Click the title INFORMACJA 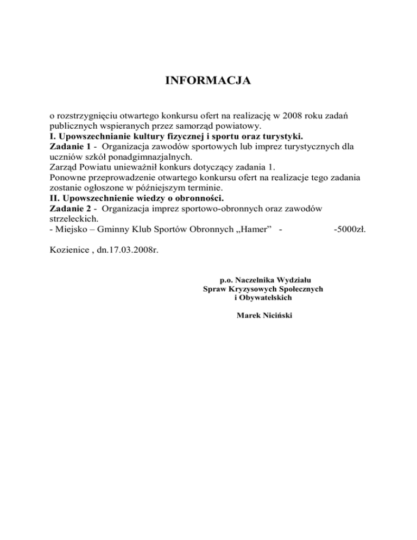pyautogui.click(x=208, y=81)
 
